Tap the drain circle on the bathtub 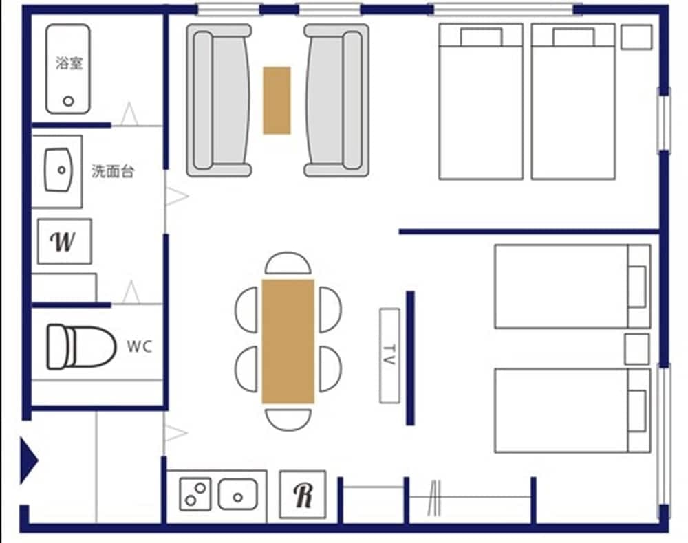click(x=69, y=101)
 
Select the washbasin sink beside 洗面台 click(x=59, y=170)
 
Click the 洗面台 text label click(x=112, y=171)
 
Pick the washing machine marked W click(x=64, y=241)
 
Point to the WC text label click(x=138, y=346)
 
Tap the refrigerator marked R click(x=302, y=494)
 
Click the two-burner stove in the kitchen click(x=195, y=494)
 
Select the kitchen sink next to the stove click(x=238, y=494)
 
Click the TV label click(x=389, y=355)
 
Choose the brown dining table click(x=288, y=341)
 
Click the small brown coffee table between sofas click(x=277, y=100)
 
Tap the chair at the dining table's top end click(x=288, y=264)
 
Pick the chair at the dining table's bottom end click(x=288, y=419)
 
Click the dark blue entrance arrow click(x=28, y=458)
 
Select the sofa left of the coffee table click(x=219, y=100)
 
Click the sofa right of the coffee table click(x=336, y=100)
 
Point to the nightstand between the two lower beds click(x=636, y=349)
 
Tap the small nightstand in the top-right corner click(x=636, y=37)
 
